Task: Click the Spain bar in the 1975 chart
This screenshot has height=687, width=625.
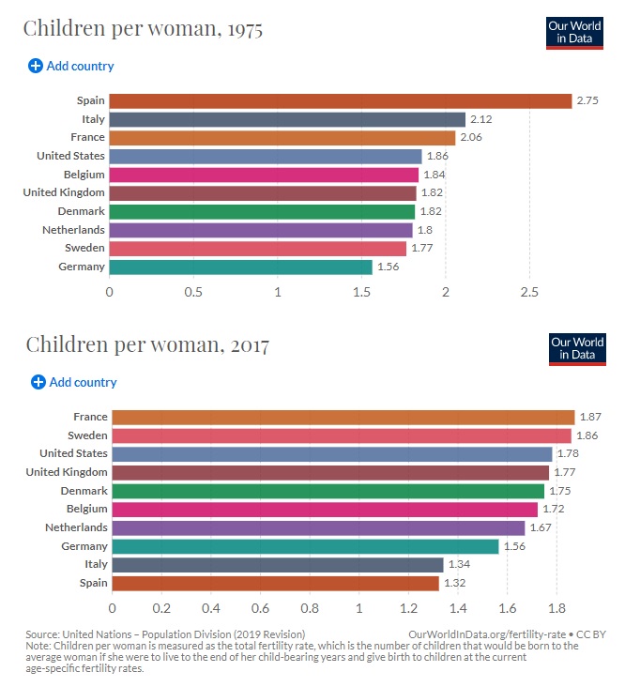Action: (340, 100)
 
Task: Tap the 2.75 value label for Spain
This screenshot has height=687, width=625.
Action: (589, 100)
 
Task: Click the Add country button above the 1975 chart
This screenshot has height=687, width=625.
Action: (71, 66)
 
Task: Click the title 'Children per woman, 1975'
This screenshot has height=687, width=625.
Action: (143, 28)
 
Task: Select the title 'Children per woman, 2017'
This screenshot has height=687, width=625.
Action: (147, 344)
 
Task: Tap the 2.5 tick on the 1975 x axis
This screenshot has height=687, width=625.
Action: (529, 292)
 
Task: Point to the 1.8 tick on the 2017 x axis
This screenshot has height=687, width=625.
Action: (555, 608)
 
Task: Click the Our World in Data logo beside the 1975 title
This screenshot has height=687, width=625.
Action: (574, 32)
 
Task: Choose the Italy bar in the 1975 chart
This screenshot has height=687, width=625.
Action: (287, 119)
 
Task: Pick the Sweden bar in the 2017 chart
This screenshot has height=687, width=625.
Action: (342, 435)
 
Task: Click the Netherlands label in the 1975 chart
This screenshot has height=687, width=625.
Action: (73, 230)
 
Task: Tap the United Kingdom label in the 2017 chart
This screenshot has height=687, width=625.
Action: (67, 472)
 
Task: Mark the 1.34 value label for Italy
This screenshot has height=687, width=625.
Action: (460, 565)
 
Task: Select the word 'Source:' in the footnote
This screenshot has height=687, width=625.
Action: (43, 634)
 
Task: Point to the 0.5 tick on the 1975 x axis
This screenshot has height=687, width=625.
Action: (193, 292)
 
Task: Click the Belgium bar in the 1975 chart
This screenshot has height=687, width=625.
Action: (264, 175)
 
